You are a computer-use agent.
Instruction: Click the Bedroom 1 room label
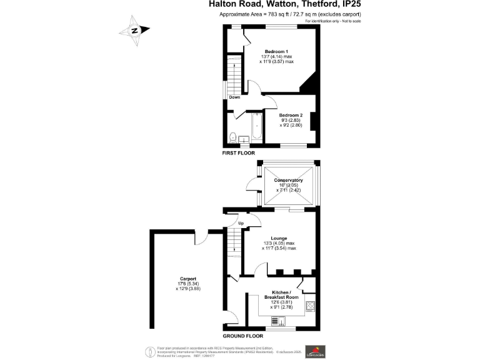[276, 51]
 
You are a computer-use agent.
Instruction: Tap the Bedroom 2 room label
[291, 116]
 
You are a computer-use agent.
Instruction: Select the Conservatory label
[288, 181]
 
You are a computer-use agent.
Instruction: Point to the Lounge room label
[279, 238]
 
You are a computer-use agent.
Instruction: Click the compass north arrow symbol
[134, 30]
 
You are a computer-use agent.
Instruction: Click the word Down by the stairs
[234, 97]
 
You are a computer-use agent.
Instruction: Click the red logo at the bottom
[314, 351]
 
